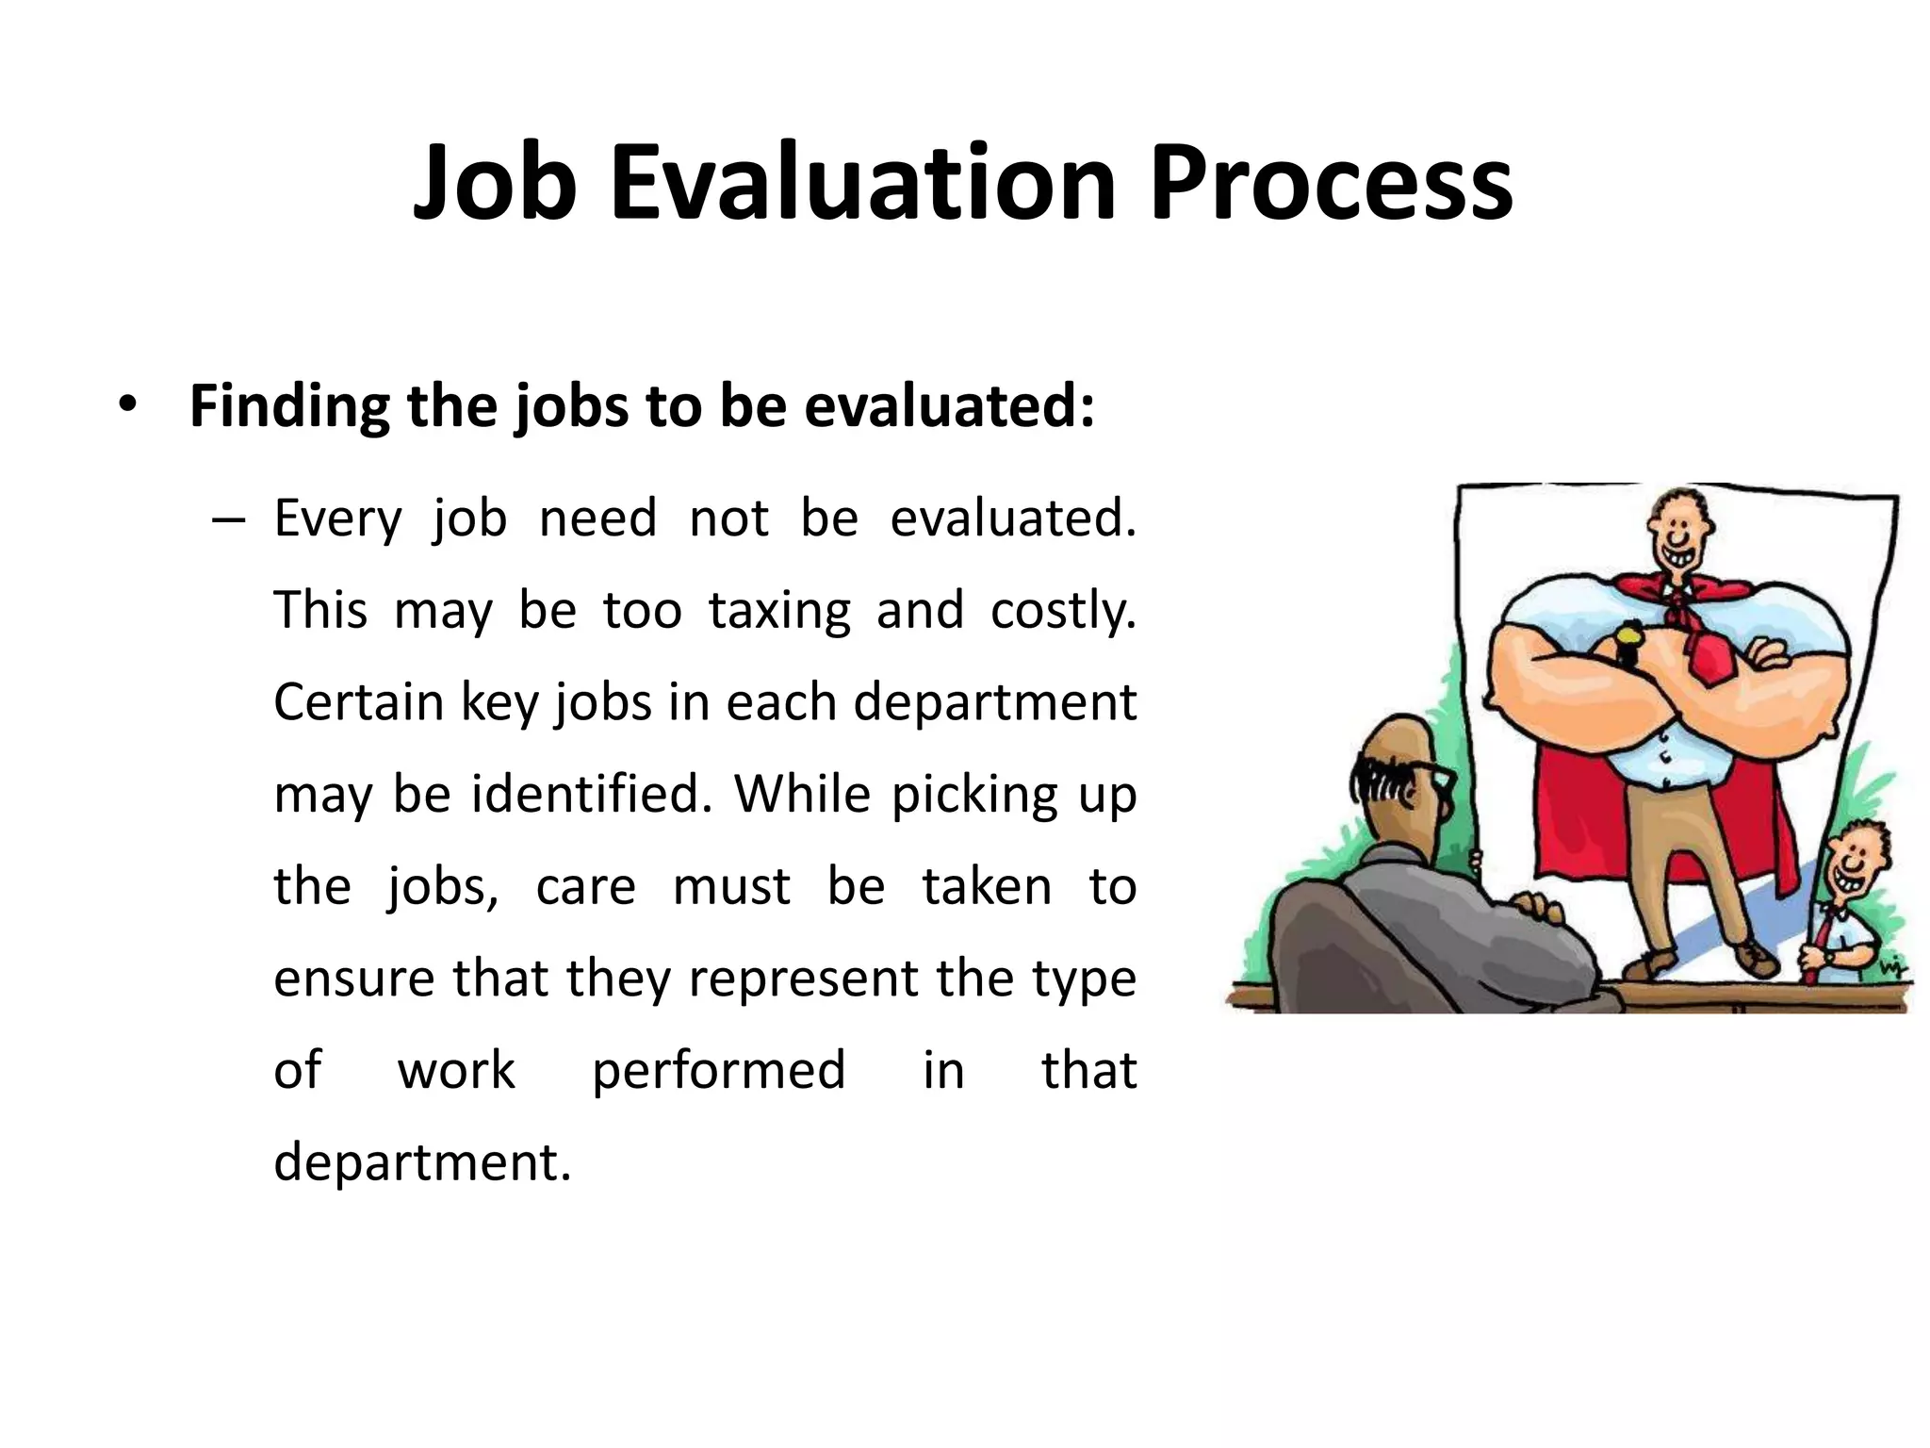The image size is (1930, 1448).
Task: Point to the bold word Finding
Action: [x=289, y=406]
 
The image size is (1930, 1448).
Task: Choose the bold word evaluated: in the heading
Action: [x=949, y=406]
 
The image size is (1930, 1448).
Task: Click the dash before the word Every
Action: [x=229, y=520]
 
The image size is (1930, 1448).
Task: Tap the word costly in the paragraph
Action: [x=1062, y=610]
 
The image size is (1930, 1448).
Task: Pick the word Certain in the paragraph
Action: [x=358, y=702]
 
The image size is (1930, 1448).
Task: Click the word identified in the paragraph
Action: [x=591, y=794]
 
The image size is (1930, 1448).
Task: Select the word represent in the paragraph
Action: [x=803, y=979]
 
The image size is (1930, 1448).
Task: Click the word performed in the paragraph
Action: [x=718, y=1070]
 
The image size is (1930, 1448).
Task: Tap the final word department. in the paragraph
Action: [x=422, y=1161]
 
